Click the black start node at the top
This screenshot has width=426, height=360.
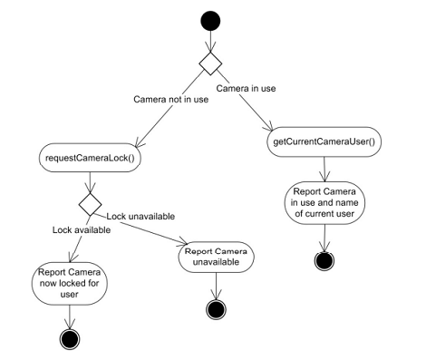pos(210,19)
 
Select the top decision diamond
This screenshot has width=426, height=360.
pos(210,63)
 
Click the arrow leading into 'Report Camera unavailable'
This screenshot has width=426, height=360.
pos(163,230)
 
